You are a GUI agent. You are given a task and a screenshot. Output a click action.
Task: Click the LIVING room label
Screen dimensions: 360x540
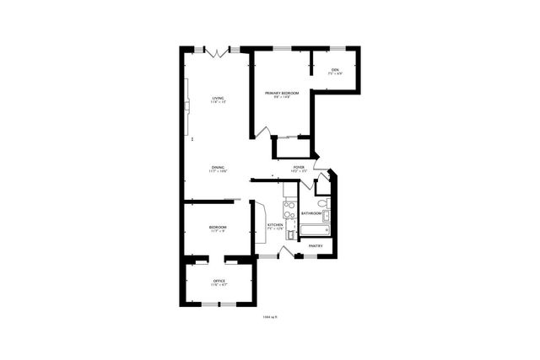[x=218, y=99]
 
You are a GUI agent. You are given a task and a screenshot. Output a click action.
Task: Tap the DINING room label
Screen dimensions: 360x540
[x=218, y=167]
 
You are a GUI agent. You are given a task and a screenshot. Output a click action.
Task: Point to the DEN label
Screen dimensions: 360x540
[x=335, y=69]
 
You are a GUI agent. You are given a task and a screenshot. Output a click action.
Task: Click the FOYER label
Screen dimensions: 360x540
[x=299, y=167]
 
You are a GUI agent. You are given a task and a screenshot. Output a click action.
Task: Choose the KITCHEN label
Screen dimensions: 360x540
[x=275, y=225]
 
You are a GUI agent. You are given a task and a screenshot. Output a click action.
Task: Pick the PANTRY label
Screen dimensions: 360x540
[x=316, y=245]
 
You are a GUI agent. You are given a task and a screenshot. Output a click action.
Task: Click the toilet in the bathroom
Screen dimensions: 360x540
[x=321, y=203]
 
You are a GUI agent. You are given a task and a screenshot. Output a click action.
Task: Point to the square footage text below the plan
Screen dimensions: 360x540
[x=269, y=317]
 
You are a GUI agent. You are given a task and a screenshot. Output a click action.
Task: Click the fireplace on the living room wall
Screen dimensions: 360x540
[x=189, y=110]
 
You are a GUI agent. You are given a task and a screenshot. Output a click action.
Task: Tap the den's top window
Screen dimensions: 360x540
[x=336, y=48]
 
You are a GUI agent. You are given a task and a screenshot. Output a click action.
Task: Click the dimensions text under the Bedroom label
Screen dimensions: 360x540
[x=218, y=232]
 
